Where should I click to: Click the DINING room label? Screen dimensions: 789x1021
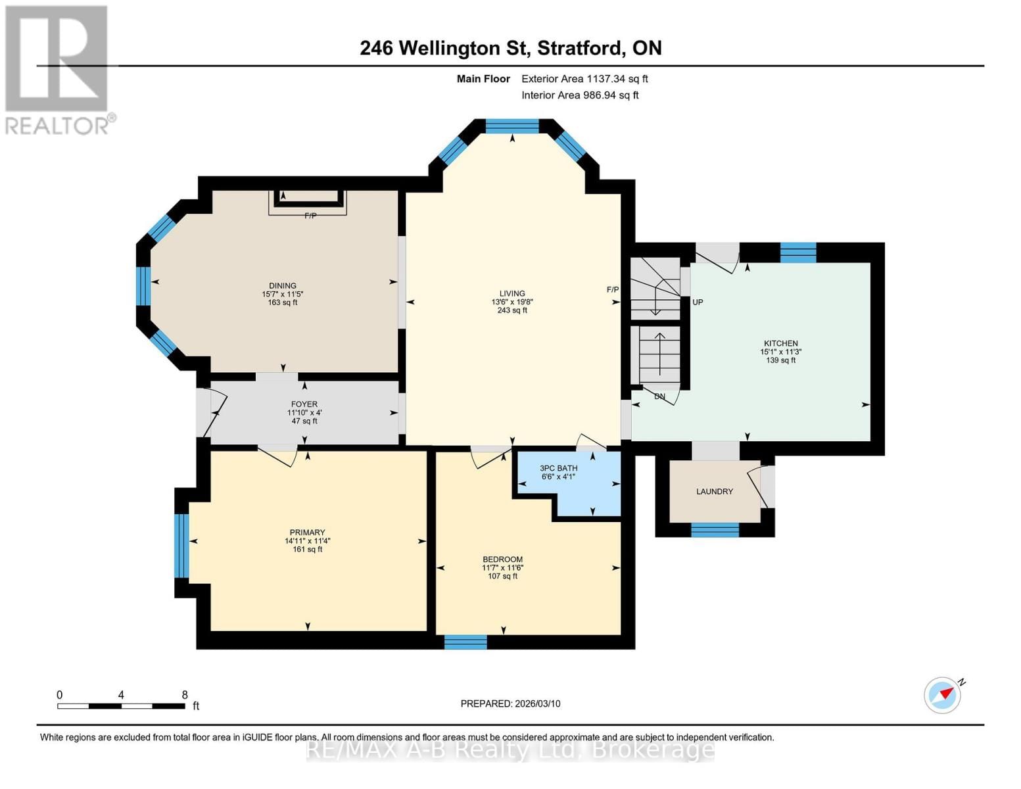(282, 286)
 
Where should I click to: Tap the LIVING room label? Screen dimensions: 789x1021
(511, 294)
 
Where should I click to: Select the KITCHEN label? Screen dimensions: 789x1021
(780, 343)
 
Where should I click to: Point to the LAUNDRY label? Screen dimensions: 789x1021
(714, 492)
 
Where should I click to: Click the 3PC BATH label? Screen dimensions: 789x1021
(558, 468)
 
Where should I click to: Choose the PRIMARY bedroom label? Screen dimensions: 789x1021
(307, 533)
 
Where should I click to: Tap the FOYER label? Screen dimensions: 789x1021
(304, 404)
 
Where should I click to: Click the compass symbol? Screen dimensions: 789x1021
(942, 695)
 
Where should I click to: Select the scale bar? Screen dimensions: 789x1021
(121, 706)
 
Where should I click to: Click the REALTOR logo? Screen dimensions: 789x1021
(57, 69)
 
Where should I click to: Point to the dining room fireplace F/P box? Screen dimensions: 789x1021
(308, 202)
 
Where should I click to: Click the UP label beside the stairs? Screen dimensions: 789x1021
(698, 302)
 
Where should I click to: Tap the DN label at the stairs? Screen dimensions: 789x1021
(659, 396)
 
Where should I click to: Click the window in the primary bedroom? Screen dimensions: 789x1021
(181, 545)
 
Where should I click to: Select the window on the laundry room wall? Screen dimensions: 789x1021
(715, 529)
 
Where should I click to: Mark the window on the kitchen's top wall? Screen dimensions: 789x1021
(797, 252)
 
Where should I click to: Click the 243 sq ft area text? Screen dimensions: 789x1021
(511, 310)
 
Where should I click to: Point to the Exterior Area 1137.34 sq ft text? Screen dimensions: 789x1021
(584, 79)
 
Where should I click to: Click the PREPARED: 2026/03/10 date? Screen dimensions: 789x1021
(510, 704)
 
